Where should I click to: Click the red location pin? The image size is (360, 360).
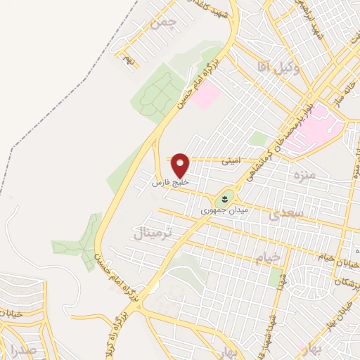point(181,165)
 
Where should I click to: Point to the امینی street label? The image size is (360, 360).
point(231,160)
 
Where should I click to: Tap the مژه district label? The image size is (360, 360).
point(307,173)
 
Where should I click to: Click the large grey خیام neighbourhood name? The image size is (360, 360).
point(268,257)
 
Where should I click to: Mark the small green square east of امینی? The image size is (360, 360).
point(258,139)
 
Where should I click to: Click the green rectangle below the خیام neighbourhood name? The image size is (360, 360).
point(274,277)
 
